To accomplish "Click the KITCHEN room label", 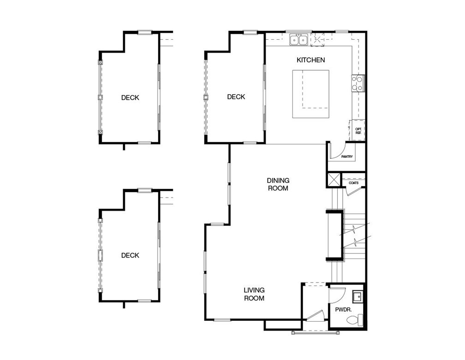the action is coord(310,60).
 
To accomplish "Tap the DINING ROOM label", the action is coord(278,184).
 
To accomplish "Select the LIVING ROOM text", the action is coord(254,294).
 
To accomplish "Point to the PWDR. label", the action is coord(343,310).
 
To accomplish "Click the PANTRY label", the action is coord(347,156).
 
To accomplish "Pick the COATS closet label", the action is coord(353,183).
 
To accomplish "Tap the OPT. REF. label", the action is coord(358,131).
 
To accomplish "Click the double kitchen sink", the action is coord(299,40).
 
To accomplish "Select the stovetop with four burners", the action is coord(358,83).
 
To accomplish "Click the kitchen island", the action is coord(310,94).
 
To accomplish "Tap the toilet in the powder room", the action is coord(355,320).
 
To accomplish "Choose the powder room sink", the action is coord(358,296).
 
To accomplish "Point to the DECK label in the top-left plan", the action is coord(130,98).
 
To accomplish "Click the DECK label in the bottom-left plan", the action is coord(130,255).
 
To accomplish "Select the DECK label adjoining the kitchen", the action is coord(236,97).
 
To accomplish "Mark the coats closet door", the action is coord(353,192).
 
